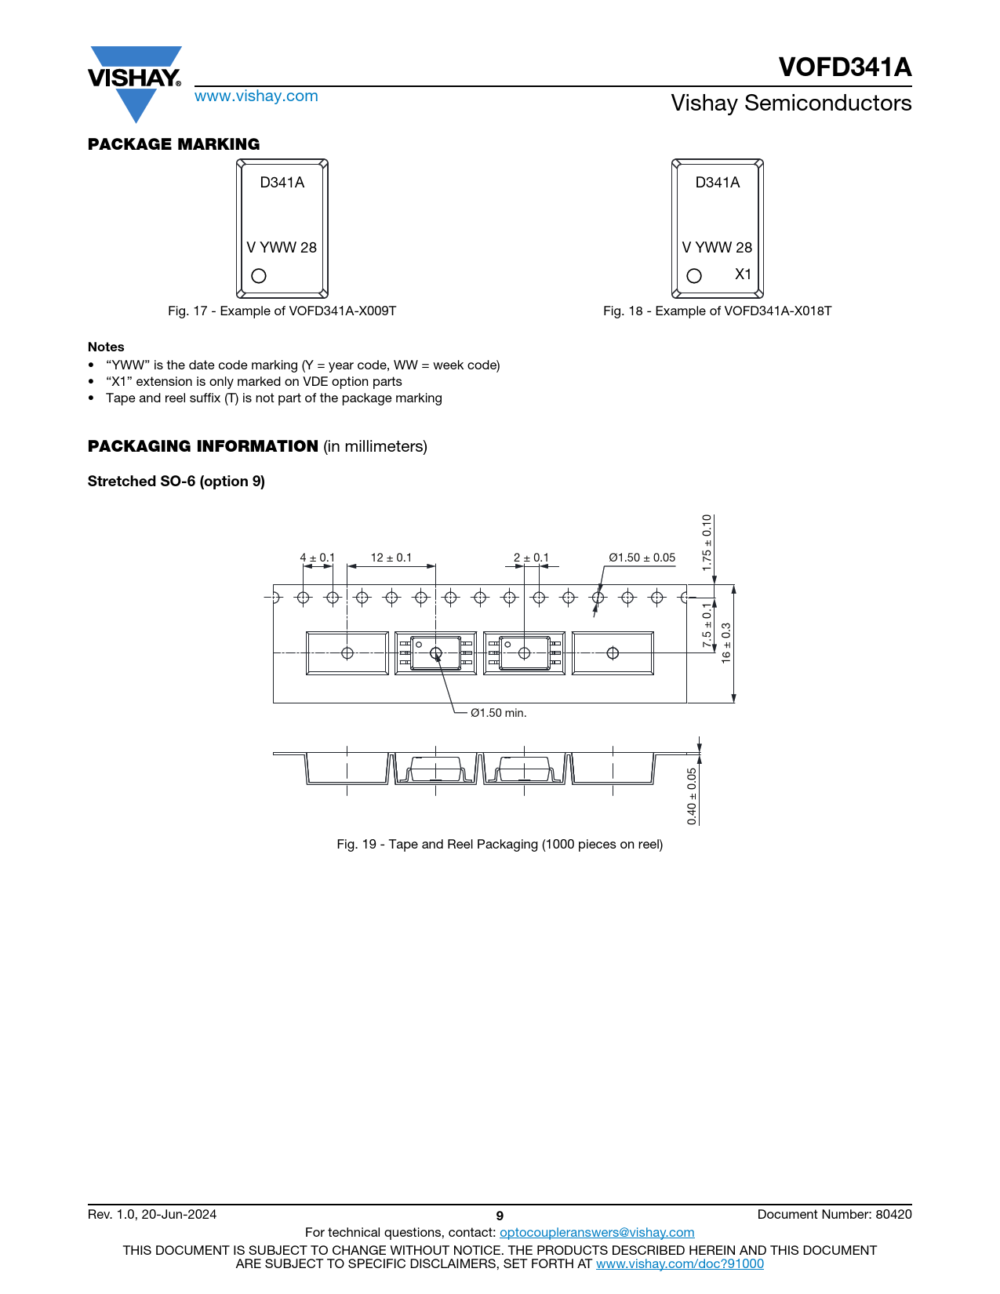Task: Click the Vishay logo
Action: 135,84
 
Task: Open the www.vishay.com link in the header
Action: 256,96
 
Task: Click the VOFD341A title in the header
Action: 845,67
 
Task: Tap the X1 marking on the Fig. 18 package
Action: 743,274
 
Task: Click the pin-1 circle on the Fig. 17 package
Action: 259,276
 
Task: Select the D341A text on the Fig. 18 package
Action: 717,182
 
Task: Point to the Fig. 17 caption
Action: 282,311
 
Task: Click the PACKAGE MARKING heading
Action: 173,144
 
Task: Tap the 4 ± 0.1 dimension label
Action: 317,558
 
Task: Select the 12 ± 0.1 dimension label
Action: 391,558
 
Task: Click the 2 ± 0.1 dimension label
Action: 531,558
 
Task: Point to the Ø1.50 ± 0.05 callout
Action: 642,558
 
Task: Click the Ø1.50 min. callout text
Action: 499,713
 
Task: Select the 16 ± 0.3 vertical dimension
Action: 725,643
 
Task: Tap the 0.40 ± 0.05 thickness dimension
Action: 692,797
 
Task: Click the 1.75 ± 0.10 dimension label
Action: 707,543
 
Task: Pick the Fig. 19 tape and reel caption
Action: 500,844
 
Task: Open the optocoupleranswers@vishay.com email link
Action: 597,1232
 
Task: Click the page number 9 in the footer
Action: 500,1216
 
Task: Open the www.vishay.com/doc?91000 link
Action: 679,1263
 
